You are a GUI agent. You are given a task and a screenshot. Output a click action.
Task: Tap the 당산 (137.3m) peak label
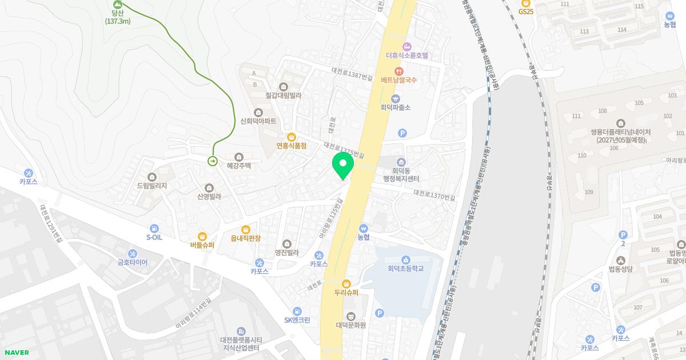(118, 17)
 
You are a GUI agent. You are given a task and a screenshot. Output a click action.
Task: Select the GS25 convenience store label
(525, 11)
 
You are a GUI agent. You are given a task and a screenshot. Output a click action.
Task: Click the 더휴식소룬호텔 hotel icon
(407, 46)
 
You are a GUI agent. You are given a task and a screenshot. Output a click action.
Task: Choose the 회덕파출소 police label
(395, 107)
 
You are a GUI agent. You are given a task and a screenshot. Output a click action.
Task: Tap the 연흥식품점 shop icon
(292, 137)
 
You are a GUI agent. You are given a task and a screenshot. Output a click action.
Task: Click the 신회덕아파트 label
(258, 121)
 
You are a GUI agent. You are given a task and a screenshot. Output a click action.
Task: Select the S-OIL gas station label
(154, 237)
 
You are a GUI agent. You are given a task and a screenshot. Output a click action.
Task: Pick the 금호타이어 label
(133, 262)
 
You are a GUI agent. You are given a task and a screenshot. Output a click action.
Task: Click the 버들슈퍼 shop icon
(202, 236)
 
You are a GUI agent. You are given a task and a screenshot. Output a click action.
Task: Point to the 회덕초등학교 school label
(406, 268)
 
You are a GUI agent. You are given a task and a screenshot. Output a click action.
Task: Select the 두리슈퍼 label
(346, 293)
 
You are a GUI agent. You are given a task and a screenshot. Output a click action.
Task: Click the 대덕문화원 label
(350, 325)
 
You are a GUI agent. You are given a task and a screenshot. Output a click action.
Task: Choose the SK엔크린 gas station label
(297, 319)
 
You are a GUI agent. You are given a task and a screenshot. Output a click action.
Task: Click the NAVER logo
(16, 353)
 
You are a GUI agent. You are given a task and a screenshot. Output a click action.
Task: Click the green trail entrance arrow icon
(213, 161)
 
